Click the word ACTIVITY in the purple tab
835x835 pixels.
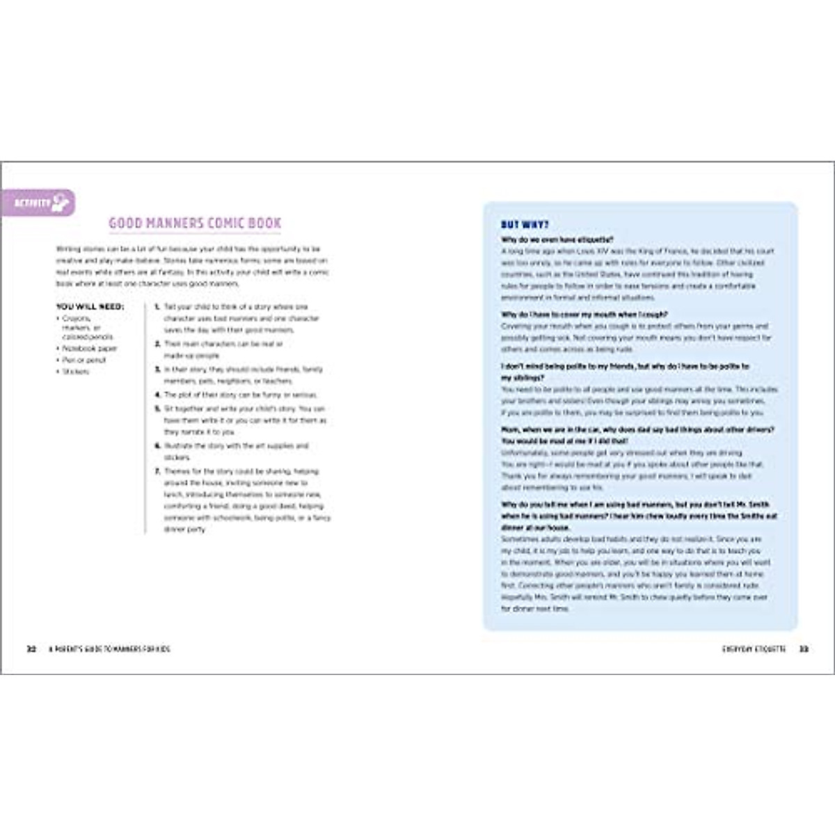coord(33,203)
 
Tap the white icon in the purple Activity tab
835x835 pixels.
coord(61,202)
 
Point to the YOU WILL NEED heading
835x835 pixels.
coord(90,306)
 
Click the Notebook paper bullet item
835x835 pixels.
coord(90,348)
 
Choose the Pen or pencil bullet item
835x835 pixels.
coord(84,360)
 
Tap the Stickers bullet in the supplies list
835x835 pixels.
coord(76,372)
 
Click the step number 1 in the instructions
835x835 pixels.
coord(157,307)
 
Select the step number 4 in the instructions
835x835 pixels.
coord(157,395)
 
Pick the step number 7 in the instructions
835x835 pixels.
coord(157,471)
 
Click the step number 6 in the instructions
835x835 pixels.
coord(157,445)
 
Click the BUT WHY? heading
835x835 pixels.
coord(525,225)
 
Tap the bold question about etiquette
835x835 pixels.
coord(557,239)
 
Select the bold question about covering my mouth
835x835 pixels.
coord(584,315)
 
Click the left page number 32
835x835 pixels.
coord(31,649)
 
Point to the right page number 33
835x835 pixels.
coord(803,649)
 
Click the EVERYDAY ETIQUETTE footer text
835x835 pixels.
coord(754,649)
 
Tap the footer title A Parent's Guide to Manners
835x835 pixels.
coord(109,649)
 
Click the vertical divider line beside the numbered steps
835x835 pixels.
coord(145,417)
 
